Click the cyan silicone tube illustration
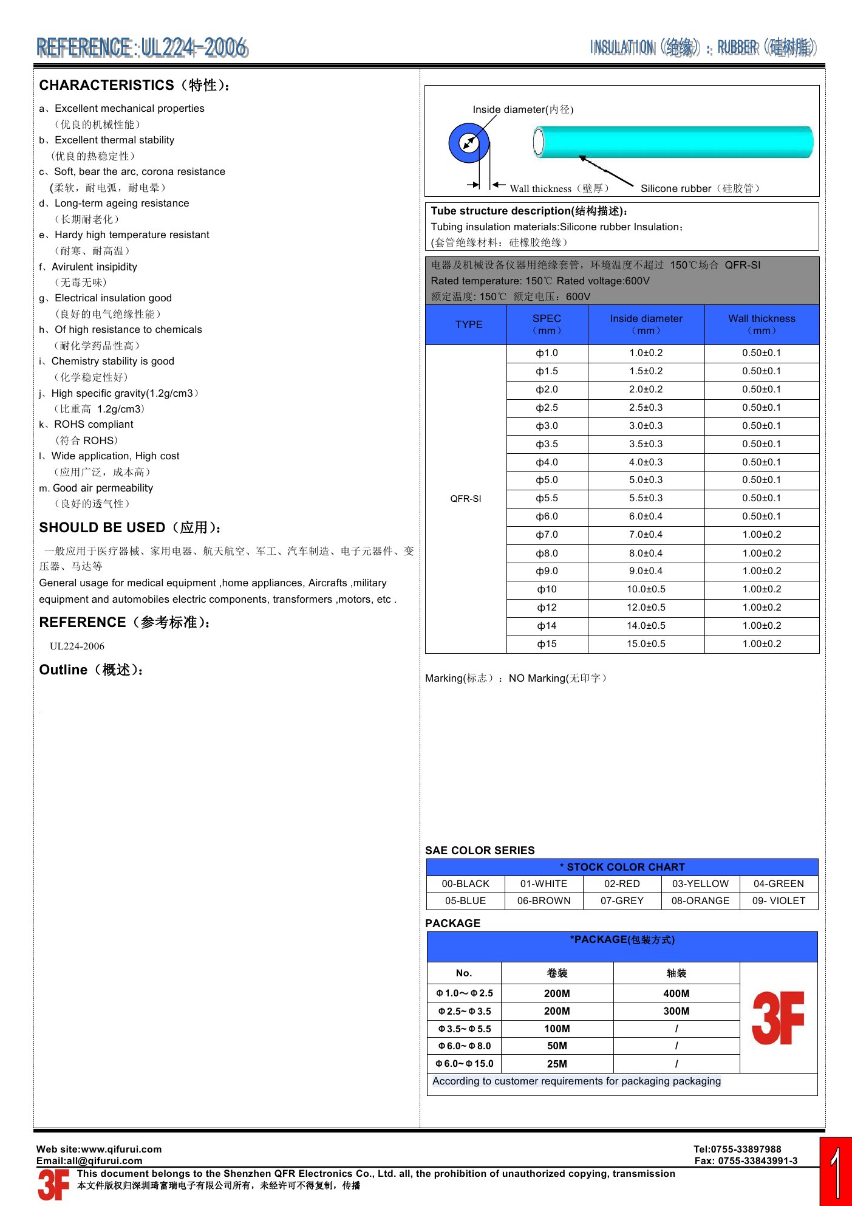click(x=674, y=142)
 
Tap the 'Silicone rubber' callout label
click(x=700, y=188)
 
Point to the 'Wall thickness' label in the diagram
click(x=559, y=188)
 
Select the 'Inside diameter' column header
click(x=646, y=324)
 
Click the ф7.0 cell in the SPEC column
click(x=547, y=535)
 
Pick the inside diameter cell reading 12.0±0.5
click(x=646, y=608)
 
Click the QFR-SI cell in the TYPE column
click(x=466, y=499)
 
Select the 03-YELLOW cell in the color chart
click(x=700, y=883)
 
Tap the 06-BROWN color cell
click(x=544, y=900)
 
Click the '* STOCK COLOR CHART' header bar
click(x=622, y=867)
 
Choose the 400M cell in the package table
click(x=676, y=993)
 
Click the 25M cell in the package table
click(x=557, y=1064)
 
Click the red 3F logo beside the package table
click(x=778, y=1018)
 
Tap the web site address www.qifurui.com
click(x=121, y=1149)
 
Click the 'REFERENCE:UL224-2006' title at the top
click(x=141, y=47)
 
